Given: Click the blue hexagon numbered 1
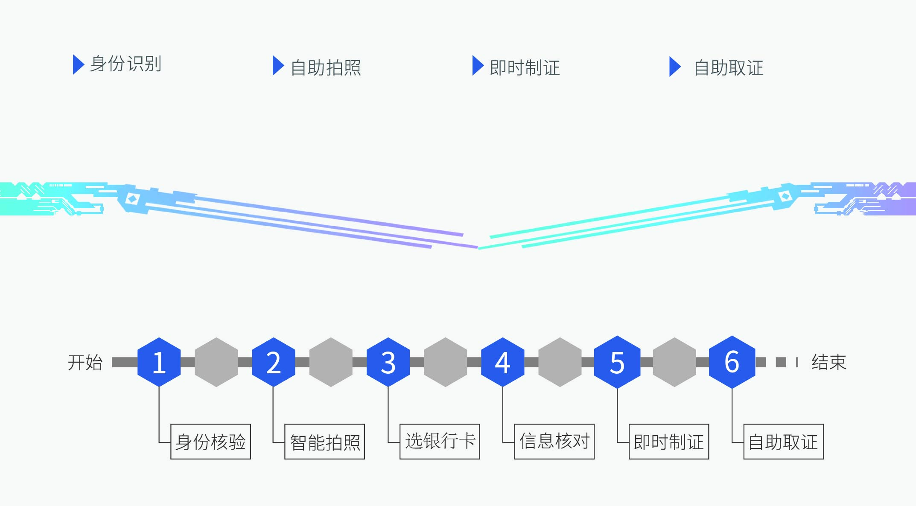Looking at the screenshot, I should pos(159,362).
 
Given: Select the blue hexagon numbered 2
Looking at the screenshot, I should pos(273,362).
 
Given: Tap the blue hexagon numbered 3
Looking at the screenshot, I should pos(388,362).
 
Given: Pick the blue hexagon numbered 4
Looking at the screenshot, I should pos(502,362).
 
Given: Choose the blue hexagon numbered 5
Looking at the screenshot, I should pos(617,362).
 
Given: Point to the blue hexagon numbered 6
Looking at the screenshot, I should pos(732,362).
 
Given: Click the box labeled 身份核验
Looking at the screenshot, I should pos(210,442).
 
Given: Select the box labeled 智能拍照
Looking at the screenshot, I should pos(324,442).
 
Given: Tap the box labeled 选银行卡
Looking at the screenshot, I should pos(440,442).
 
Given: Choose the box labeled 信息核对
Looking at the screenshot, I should pos(554,442).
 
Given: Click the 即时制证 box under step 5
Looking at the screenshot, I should pos(669,442).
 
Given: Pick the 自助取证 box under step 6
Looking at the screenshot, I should pos(783,442).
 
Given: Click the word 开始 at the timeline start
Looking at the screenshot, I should pos(85,363).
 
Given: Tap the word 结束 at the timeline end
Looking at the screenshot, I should pos(828,362).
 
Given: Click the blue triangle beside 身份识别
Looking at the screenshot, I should pos(78,64).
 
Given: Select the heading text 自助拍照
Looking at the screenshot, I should pos(326,68).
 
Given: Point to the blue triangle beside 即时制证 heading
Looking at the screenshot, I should pos(477,66).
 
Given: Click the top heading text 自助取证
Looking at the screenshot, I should pos(728,68).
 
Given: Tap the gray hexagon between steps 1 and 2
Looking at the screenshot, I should pos(216,362).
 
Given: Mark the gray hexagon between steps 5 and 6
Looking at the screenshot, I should pos(674,362).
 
